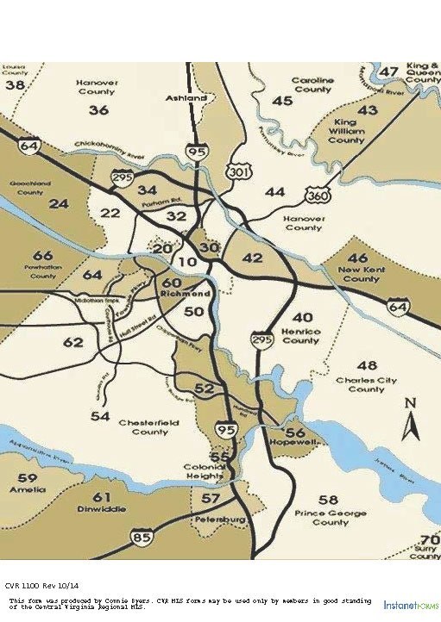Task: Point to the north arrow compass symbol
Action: [x=412, y=419]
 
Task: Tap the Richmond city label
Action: [x=182, y=295]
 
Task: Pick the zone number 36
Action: [x=98, y=110]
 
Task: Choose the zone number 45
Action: [x=282, y=101]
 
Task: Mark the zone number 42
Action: [x=252, y=258]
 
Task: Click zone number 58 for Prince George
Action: [x=328, y=500]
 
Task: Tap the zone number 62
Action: [x=74, y=343]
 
